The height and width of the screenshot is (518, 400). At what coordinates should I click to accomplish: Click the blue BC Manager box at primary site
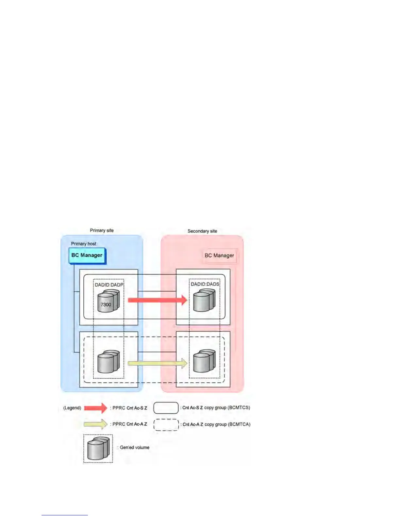[x=87, y=255]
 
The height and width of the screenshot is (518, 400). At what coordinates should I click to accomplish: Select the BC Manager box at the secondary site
[x=219, y=255]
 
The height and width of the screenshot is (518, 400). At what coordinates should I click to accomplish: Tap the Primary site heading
[x=102, y=231]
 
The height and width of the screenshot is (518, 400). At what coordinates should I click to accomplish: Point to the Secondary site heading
[x=202, y=231]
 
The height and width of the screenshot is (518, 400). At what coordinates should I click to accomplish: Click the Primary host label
[x=84, y=244]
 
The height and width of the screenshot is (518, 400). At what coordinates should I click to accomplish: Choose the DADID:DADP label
[x=109, y=285]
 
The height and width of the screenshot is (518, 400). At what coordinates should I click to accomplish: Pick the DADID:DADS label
[x=205, y=284]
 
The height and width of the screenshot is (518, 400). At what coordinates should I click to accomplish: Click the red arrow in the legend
[x=95, y=408]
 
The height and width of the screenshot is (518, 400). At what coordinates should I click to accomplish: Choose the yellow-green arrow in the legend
[x=95, y=424]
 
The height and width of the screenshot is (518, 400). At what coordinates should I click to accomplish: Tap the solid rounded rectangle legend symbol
[x=166, y=408]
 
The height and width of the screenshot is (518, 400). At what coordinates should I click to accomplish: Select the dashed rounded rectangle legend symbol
[x=166, y=425]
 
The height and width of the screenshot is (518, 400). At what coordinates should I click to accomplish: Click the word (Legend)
[x=72, y=408]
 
